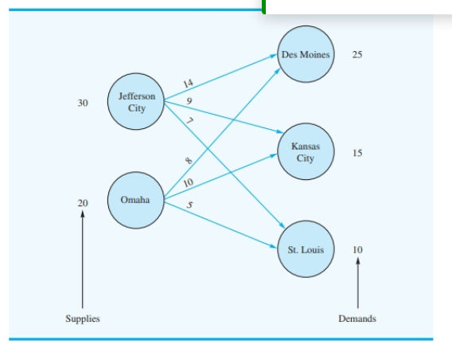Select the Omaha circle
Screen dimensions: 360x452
(x=135, y=200)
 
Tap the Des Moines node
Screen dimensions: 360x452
(x=306, y=55)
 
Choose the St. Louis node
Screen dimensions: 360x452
(x=306, y=249)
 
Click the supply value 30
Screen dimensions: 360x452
(x=83, y=103)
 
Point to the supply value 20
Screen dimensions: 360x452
(x=83, y=203)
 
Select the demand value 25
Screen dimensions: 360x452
(x=357, y=55)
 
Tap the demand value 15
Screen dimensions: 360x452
(x=357, y=153)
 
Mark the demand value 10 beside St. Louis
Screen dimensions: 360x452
(x=357, y=249)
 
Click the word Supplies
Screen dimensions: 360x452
(x=83, y=319)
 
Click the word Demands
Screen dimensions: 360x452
(x=357, y=319)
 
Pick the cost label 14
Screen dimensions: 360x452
(x=188, y=84)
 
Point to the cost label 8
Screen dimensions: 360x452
(x=189, y=161)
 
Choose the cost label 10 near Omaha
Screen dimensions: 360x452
(x=188, y=184)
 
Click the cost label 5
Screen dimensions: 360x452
(x=189, y=206)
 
